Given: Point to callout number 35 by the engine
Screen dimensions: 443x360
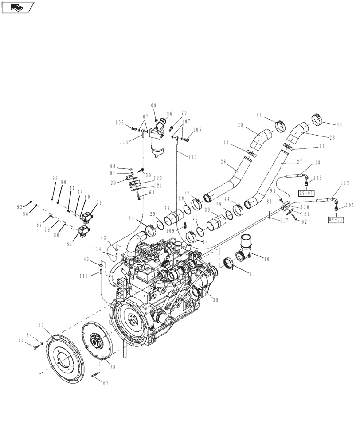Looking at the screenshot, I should (215, 300).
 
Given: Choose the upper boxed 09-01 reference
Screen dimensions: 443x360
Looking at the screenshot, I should (305, 193).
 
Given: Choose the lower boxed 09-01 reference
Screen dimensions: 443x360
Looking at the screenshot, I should (335, 220).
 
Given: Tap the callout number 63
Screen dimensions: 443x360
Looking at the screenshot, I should (151, 193).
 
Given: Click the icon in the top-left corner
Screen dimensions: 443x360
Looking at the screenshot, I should (18, 7).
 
